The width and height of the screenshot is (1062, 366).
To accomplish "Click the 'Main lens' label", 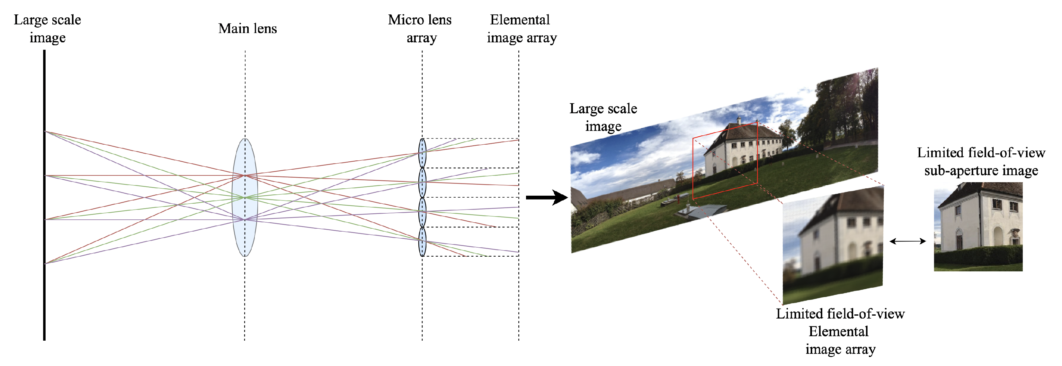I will click(x=247, y=29).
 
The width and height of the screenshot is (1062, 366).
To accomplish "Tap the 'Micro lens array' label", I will click(x=420, y=29).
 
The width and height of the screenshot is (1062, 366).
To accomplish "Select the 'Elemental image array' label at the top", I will click(x=521, y=29).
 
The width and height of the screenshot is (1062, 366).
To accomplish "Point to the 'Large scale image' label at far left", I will click(x=48, y=29).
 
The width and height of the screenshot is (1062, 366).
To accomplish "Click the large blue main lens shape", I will click(x=245, y=198).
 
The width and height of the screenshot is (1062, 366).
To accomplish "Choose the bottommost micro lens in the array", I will click(x=422, y=242).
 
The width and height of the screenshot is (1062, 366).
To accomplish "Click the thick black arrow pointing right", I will click(x=546, y=198).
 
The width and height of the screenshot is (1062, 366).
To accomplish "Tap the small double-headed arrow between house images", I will click(x=908, y=241).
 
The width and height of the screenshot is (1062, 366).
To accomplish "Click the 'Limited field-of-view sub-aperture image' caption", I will click(x=980, y=161).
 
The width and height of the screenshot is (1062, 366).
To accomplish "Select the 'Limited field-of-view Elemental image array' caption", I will click(x=840, y=331).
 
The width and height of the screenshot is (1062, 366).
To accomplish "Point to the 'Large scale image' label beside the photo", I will click(x=603, y=117).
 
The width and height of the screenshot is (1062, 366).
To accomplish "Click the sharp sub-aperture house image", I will click(x=978, y=226).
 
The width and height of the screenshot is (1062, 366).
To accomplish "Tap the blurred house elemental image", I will click(x=833, y=245).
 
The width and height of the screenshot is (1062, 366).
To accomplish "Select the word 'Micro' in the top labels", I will click(x=406, y=20).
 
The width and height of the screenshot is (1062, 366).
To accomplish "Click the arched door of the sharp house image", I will click(x=998, y=236).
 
